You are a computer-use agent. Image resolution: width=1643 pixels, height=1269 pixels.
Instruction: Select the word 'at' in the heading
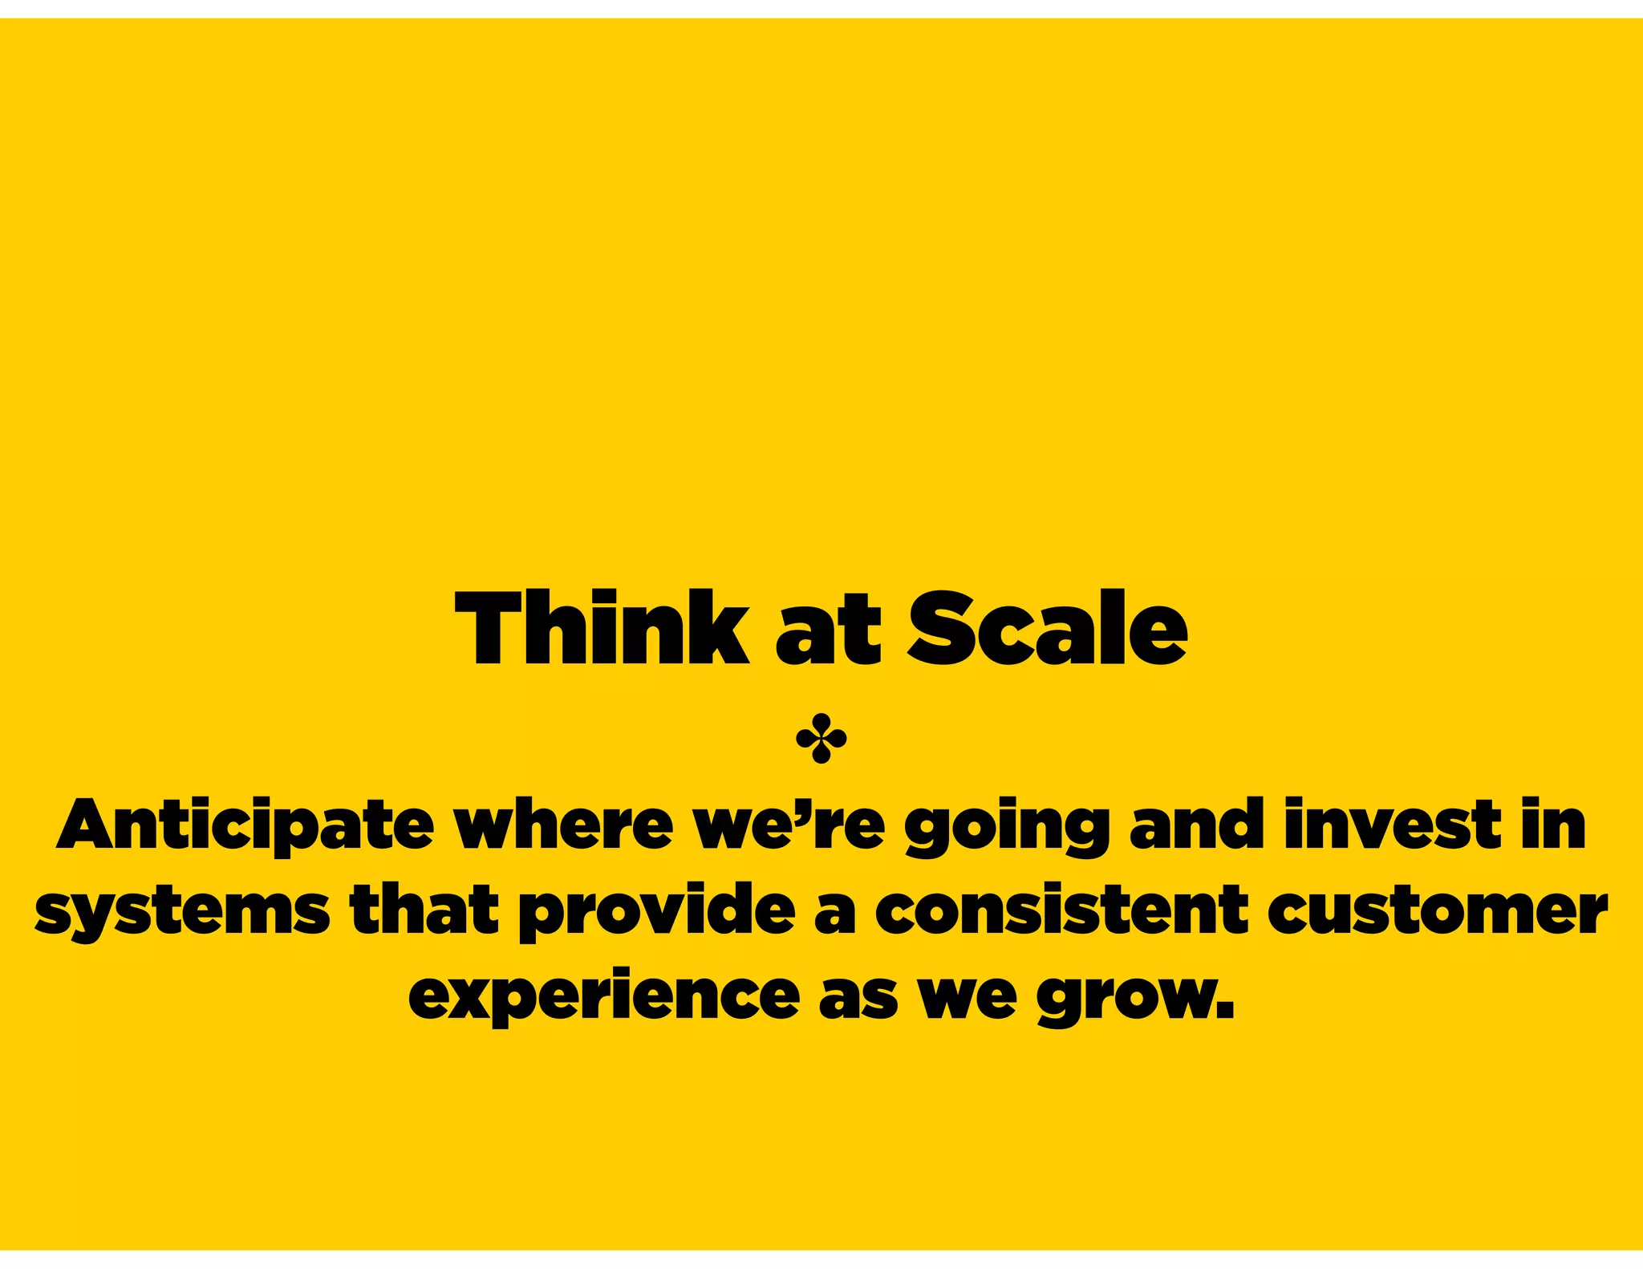click(828, 634)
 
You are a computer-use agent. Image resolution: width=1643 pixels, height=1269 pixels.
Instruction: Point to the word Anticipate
click(245, 826)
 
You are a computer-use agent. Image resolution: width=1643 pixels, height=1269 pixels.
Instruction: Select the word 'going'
click(1007, 829)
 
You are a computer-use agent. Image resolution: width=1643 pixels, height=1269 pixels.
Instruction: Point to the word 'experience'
click(604, 999)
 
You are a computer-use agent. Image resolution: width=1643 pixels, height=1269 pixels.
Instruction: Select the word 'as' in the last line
click(858, 999)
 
